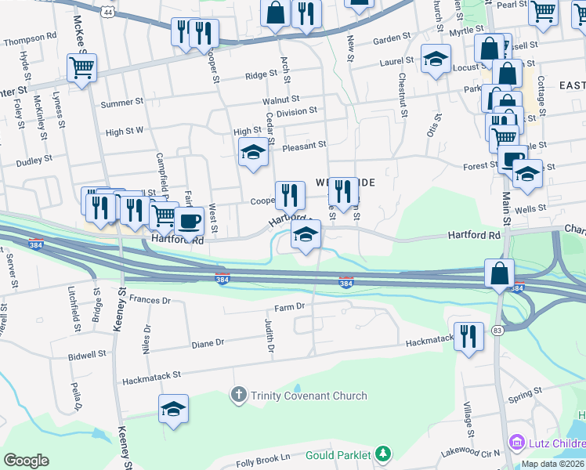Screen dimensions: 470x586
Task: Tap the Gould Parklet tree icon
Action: [x=383, y=454]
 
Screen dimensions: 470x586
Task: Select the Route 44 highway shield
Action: [x=107, y=13]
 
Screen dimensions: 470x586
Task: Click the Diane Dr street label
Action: [x=208, y=342]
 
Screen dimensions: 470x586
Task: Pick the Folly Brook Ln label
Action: [x=265, y=456]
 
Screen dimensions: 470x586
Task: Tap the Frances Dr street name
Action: [x=150, y=299]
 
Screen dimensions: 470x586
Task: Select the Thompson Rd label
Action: [x=30, y=36]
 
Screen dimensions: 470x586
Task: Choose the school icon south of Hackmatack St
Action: [x=174, y=408]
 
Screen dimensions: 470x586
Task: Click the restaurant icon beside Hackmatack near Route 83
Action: [x=468, y=336]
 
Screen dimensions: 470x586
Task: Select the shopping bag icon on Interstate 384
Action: [x=499, y=274]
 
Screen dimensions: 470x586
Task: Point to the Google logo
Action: [x=26, y=460]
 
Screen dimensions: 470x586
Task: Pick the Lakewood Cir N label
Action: [x=471, y=452]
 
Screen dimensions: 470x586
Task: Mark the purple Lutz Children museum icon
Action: [x=515, y=443]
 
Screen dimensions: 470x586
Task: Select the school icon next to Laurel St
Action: [x=436, y=59]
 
